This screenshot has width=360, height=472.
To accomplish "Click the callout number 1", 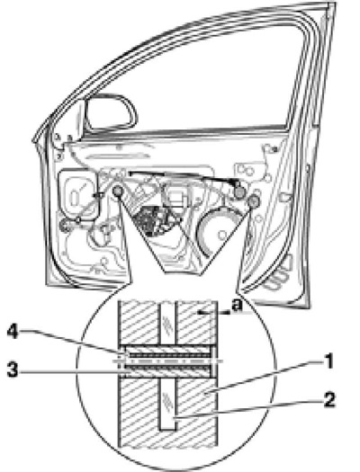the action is pyautogui.click(x=328, y=361).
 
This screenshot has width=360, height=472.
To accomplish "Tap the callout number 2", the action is pyautogui.click(x=329, y=400).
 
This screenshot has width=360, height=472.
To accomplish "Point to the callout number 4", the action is pyautogui.click(x=13, y=332).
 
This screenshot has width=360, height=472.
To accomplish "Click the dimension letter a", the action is pyautogui.click(x=237, y=306).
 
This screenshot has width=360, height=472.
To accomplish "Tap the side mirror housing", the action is pyautogui.click(x=110, y=112).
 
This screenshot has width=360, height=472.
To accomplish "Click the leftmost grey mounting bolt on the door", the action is pyautogui.click(x=117, y=191).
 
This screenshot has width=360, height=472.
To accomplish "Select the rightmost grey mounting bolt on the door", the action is pyautogui.click(x=254, y=200).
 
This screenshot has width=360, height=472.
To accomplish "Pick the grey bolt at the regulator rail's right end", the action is pyautogui.click(x=239, y=192).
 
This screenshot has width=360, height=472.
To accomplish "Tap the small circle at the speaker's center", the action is pyautogui.click(x=223, y=234).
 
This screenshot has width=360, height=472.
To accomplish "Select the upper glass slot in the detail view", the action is pyautogui.click(x=167, y=323).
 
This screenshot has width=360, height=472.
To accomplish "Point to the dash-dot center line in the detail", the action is pyautogui.click(x=167, y=361).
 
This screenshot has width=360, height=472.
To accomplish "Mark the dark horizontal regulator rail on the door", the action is pyautogui.click(x=184, y=177).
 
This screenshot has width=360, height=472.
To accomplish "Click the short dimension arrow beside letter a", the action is pyautogui.click(x=213, y=314).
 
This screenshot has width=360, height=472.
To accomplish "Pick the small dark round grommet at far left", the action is pyautogui.click(x=64, y=226).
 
